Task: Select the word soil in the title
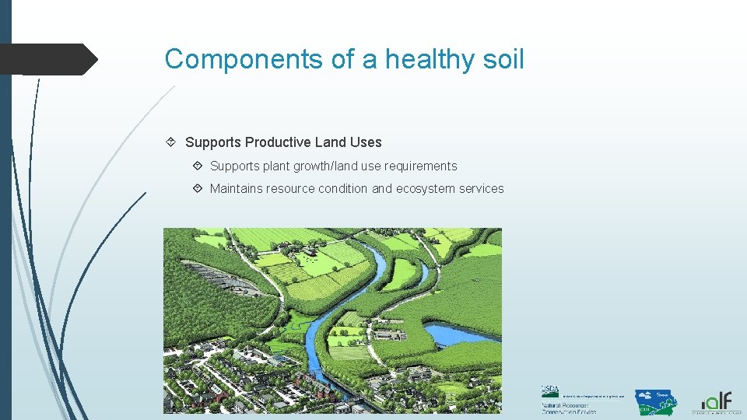(x=502, y=59)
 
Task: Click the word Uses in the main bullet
(x=366, y=142)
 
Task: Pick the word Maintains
(x=236, y=189)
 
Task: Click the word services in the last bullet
(x=485, y=189)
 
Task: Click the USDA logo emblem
(x=549, y=392)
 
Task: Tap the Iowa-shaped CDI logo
(x=655, y=402)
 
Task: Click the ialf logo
(x=715, y=402)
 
